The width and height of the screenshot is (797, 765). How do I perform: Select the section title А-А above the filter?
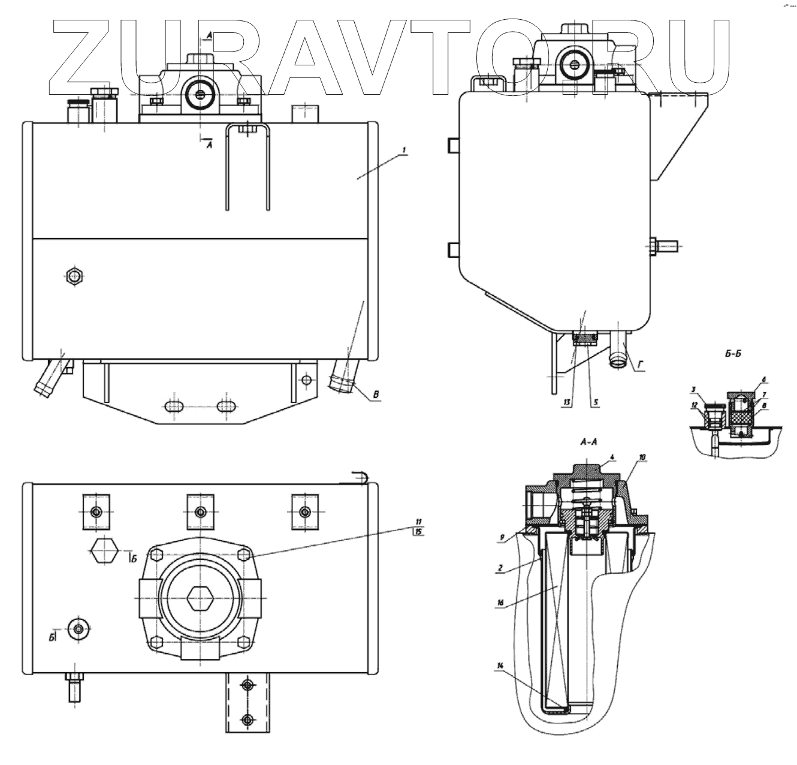coord(588,442)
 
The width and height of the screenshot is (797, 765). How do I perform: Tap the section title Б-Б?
coord(733,354)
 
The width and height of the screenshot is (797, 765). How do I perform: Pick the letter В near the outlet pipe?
coord(376,394)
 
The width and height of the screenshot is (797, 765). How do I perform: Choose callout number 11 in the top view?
coord(418,521)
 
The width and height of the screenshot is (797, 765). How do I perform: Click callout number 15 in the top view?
coord(418,531)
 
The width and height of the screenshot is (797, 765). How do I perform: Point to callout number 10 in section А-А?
coord(642,457)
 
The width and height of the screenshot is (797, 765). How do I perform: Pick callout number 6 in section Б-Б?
coord(764,380)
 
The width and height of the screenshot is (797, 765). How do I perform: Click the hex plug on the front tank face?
coord(74,276)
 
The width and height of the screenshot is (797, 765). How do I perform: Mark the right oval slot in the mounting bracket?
coord(226,406)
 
